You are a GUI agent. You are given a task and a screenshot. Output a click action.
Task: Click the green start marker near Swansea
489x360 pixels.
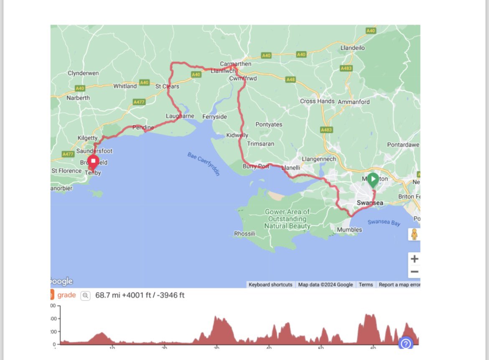(x=373, y=180)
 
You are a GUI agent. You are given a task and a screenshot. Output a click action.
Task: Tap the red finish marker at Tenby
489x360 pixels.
(x=93, y=161)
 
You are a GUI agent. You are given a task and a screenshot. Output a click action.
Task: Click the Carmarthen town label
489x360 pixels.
(x=236, y=64)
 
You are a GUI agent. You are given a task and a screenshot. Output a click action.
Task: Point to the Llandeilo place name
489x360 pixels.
(x=353, y=48)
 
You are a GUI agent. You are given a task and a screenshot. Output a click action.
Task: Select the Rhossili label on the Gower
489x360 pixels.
(x=244, y=234)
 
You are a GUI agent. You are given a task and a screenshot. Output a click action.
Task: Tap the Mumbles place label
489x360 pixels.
(x=349, y=230)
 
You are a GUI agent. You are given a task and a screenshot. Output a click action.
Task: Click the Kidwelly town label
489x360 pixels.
(x=237, y=135)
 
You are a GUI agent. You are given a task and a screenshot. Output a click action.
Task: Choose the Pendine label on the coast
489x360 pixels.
(x=143, y=127)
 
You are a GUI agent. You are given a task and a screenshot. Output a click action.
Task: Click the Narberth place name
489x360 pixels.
(x=78, y=98)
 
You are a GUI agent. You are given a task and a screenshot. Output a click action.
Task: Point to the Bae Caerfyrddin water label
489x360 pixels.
(x=204, y=164)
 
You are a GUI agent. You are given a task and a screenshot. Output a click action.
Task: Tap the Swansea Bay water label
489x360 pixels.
(x=384, y=222)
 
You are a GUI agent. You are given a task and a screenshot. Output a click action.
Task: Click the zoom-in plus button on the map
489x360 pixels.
(x=414, y=259)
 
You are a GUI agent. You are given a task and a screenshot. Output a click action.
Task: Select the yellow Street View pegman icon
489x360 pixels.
(x=414, y=234)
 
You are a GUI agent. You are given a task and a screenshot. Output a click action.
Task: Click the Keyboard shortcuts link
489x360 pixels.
(x=270, y=285)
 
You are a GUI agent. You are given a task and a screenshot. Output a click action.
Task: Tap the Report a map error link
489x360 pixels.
(x=399, y=285)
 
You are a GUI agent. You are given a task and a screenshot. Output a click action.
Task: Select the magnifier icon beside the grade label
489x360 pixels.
(x=85, y=296)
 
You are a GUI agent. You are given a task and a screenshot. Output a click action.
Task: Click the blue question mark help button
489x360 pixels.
(x=406, y=344)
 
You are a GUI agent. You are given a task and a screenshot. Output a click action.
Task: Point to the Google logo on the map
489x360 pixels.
(x=61, y=281)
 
